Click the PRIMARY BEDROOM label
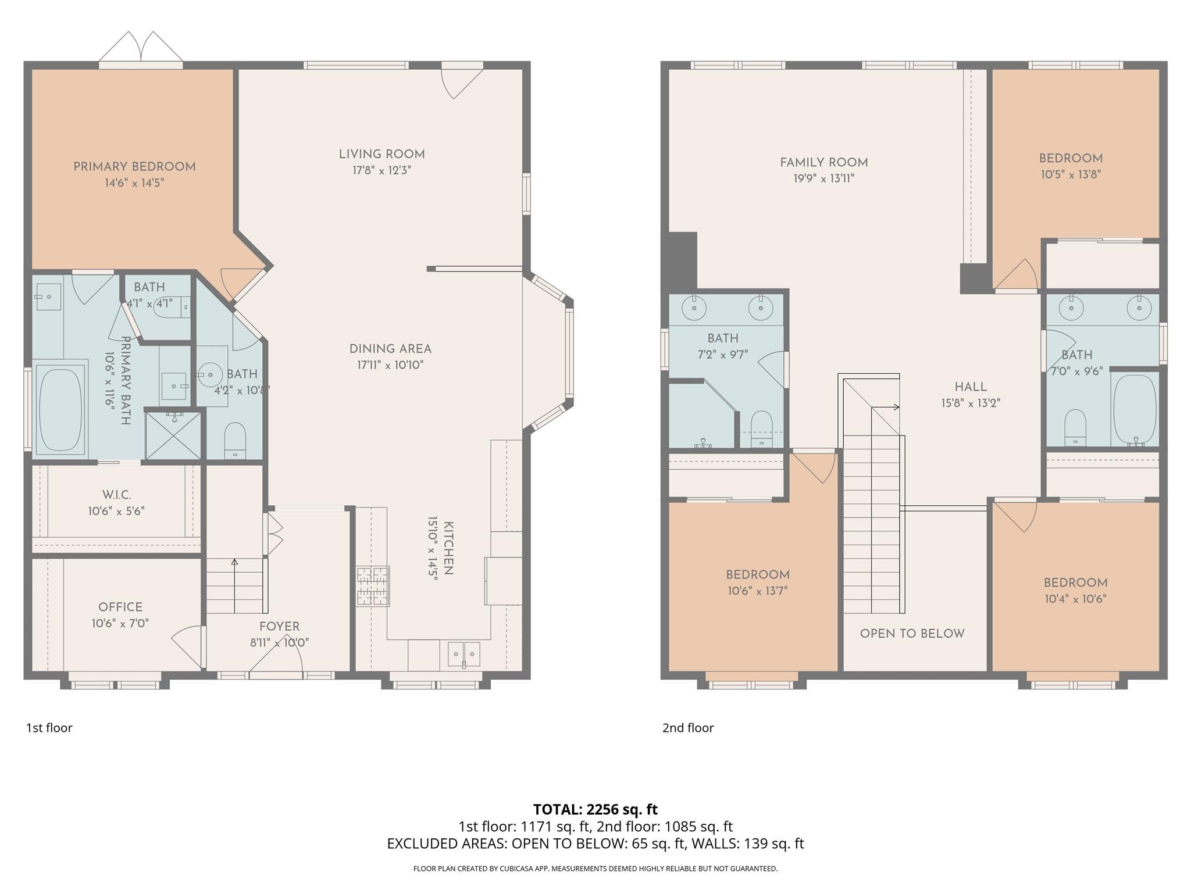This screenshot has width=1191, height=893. point(134,167)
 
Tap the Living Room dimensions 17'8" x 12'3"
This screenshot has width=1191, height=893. point(381,170)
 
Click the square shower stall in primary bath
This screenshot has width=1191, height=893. point(173,435)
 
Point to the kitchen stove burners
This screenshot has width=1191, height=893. point(373,586)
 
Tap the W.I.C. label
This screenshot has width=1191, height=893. point(117,495)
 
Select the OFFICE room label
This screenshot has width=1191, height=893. point(120,607)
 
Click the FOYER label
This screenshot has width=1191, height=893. point(280,627)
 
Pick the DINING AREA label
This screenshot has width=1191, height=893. point(390,349)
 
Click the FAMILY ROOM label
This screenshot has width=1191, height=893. point(823,163)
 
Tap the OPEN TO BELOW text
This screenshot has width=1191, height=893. point(912,634)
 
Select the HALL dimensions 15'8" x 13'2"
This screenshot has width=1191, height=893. point(971,403)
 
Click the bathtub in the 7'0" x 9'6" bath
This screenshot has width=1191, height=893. point(1134,408)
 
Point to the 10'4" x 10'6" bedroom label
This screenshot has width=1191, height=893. point(1075,583)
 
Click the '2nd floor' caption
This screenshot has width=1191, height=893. point(688,728)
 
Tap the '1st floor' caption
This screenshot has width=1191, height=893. point(49,728)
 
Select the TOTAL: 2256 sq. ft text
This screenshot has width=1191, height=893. point(595,809)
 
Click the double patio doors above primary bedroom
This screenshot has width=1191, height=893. point(141,48)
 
